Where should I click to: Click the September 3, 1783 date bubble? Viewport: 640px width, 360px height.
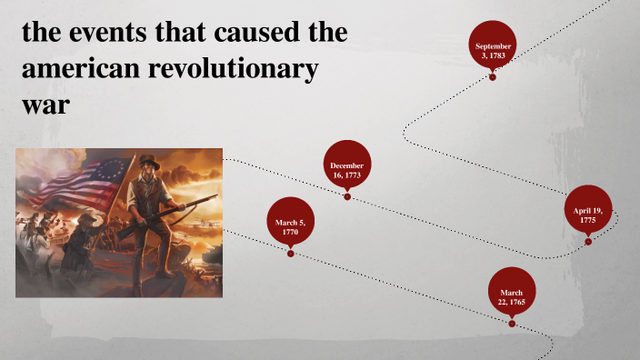pos(493,50)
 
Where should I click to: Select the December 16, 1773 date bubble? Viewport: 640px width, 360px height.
pos(346,170)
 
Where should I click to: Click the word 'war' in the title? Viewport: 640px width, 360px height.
pos(45,104)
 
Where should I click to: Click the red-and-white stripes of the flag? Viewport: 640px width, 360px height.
pos(100,185)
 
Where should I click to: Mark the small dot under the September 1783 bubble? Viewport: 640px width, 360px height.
pos(493,77)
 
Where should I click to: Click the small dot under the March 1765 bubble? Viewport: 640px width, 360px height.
pos(512,323)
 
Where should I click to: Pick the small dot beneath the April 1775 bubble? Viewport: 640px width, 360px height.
pos(588,241)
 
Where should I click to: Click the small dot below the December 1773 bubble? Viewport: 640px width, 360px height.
pos(346,196)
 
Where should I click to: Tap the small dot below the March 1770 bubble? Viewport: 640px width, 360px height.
pos(290,254)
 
